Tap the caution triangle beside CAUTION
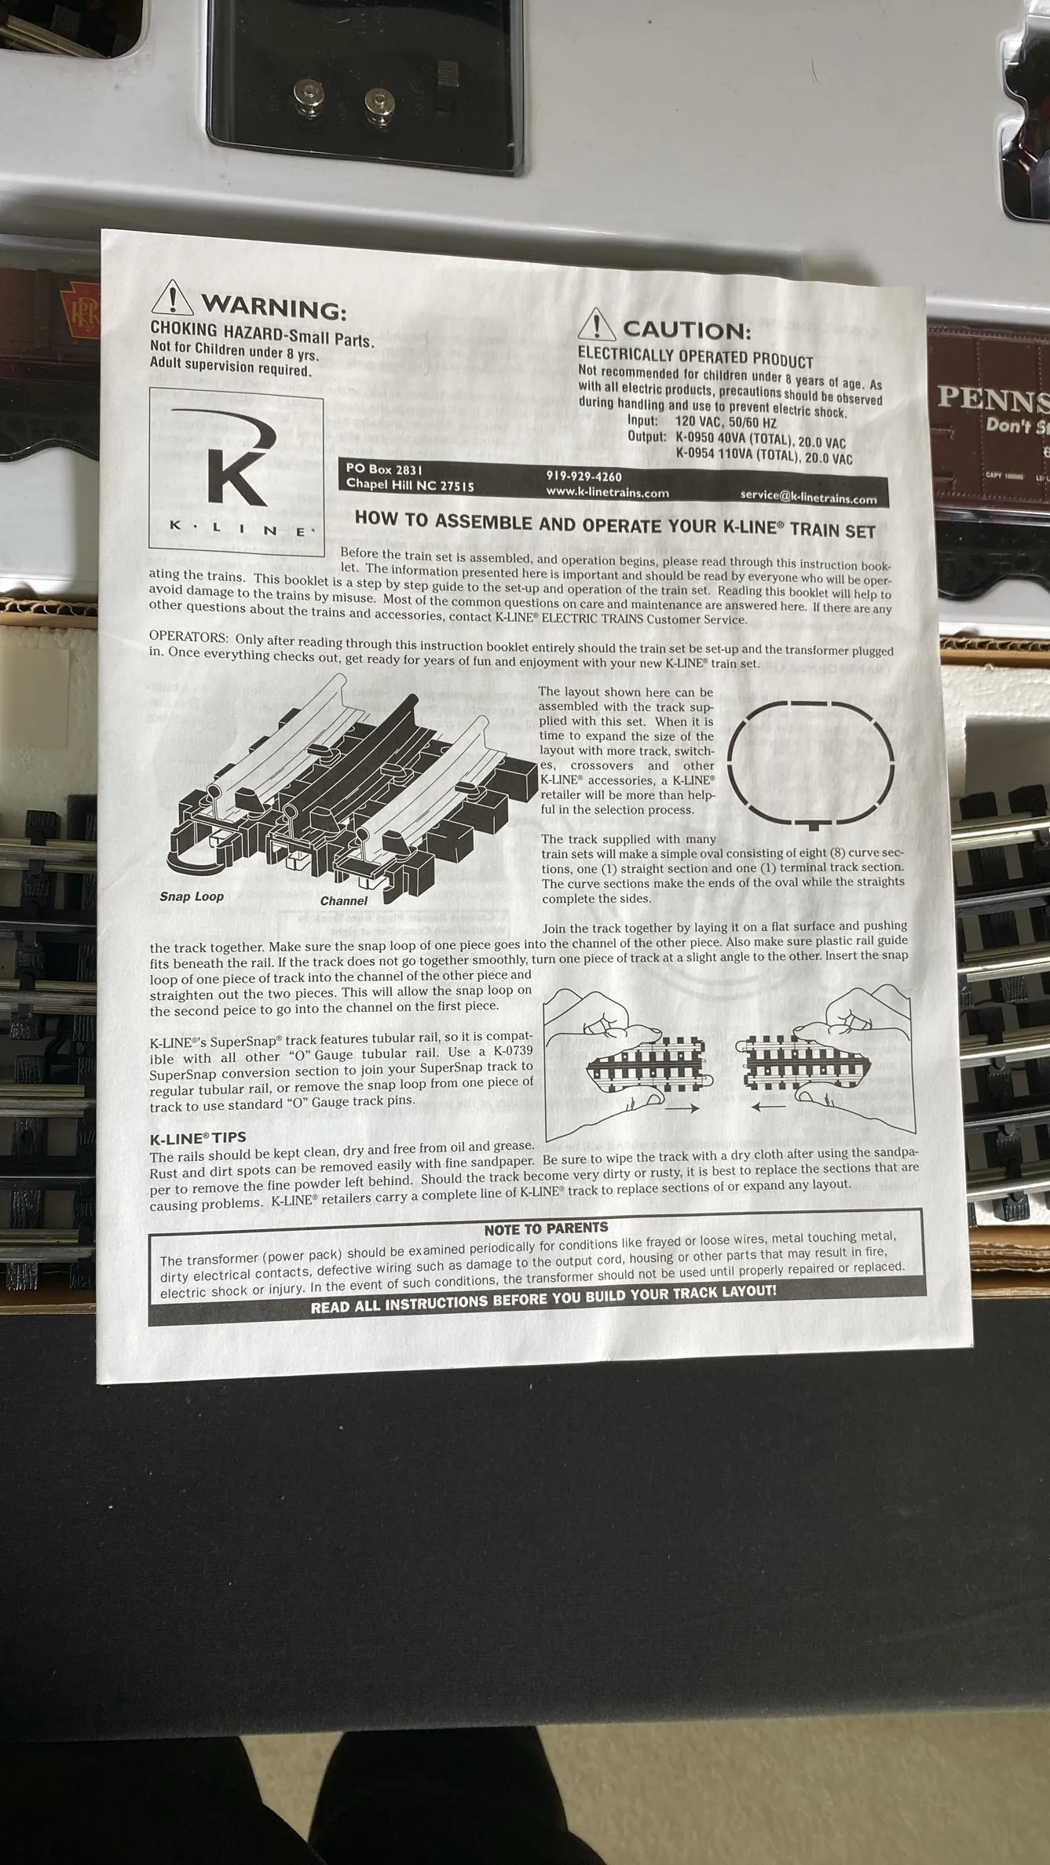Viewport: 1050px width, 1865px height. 598,324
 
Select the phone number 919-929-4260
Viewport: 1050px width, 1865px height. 584,476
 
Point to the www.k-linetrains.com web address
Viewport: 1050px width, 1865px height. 607,492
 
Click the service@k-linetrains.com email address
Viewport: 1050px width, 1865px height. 808,497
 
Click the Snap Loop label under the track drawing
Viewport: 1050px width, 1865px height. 192,896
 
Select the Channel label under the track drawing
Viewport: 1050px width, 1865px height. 343,900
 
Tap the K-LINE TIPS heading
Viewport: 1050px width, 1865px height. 198,1137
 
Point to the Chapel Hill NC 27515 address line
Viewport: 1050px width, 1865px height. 410,484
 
